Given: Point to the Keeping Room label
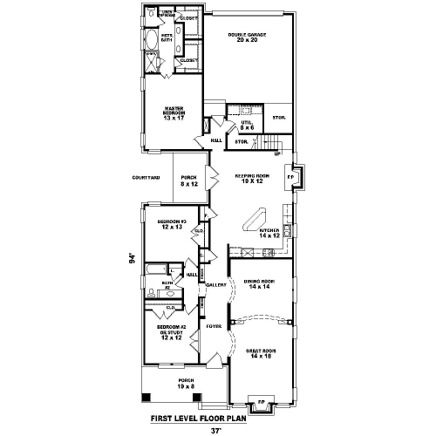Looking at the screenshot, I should click(x=253, y=178).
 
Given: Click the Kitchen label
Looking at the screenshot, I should click(x=269, y=233).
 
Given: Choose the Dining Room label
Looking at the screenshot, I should click(x=261, y=283).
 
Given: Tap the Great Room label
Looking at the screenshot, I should click(x=261, y=353).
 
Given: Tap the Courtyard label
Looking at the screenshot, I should click(x=146, y=177).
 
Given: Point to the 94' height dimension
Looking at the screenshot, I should click(x=132, y=258).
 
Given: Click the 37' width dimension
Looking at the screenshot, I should click(x=217, y=428).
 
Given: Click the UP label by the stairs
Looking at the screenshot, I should click(x=276, y=154).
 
